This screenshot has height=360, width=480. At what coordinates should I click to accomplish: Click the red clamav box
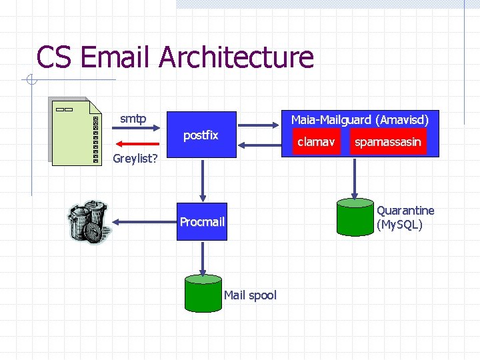[316, 141]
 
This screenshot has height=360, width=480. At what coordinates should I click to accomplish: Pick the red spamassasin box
[388, 141]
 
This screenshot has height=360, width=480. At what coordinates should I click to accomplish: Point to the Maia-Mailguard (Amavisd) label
[360, 120]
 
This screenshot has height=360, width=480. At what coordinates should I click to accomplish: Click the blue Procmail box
[202, 221]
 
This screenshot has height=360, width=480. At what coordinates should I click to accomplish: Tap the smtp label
[133, 119]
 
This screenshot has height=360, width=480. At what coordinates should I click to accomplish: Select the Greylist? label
[135, 159]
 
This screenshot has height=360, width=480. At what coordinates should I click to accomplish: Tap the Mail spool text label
[250, 295]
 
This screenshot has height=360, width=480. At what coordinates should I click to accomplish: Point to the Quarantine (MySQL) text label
[405, 217]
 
